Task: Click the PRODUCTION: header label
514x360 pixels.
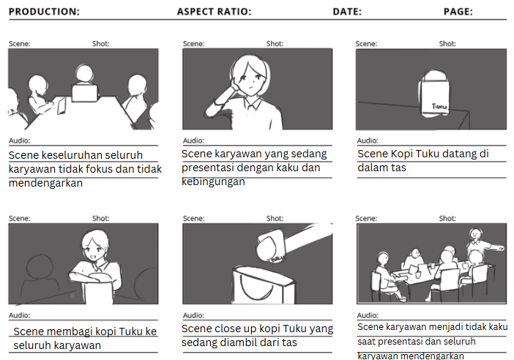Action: coord(44,12)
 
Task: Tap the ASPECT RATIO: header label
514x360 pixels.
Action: coord(214,12)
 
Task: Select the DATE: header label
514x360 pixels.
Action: coord(347,12)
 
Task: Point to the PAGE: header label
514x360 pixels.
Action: coord(458,12)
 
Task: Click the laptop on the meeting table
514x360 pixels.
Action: coord(85,93)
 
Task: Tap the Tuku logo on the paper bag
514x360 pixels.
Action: coord(439,106)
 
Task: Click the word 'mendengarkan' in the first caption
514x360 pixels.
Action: coord(45,183)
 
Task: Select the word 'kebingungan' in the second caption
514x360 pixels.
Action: coord(213,181)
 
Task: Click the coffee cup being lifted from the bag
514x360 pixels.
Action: coord(271,246)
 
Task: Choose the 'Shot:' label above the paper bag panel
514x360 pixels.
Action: coord(447,44)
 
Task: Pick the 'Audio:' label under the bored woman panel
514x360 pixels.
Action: coord(194,140)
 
